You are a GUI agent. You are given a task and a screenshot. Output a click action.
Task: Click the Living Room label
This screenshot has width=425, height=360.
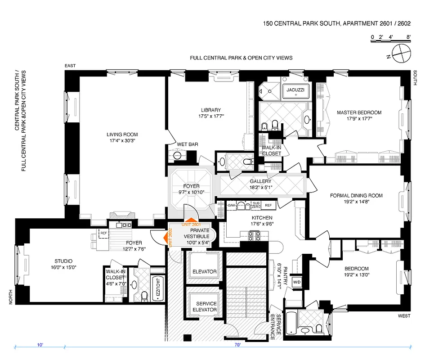[122, 135]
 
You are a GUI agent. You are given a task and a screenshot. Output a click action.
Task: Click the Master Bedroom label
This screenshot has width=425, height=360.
[359, 112]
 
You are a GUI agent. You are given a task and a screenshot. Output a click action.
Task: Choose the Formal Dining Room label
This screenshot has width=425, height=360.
[356, 195]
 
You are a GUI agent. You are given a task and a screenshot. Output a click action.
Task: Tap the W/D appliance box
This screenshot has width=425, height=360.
[297, 282]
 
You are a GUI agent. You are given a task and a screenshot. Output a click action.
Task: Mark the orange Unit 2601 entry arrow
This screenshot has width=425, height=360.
[190, 220]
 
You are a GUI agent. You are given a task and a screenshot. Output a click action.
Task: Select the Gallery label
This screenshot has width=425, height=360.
[260, 182]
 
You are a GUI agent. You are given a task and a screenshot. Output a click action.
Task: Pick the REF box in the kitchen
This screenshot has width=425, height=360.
[268, 205]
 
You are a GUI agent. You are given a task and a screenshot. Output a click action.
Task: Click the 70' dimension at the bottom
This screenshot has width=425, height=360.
[237, 345]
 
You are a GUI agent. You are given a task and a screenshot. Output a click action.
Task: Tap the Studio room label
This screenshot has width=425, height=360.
[63, 261]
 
